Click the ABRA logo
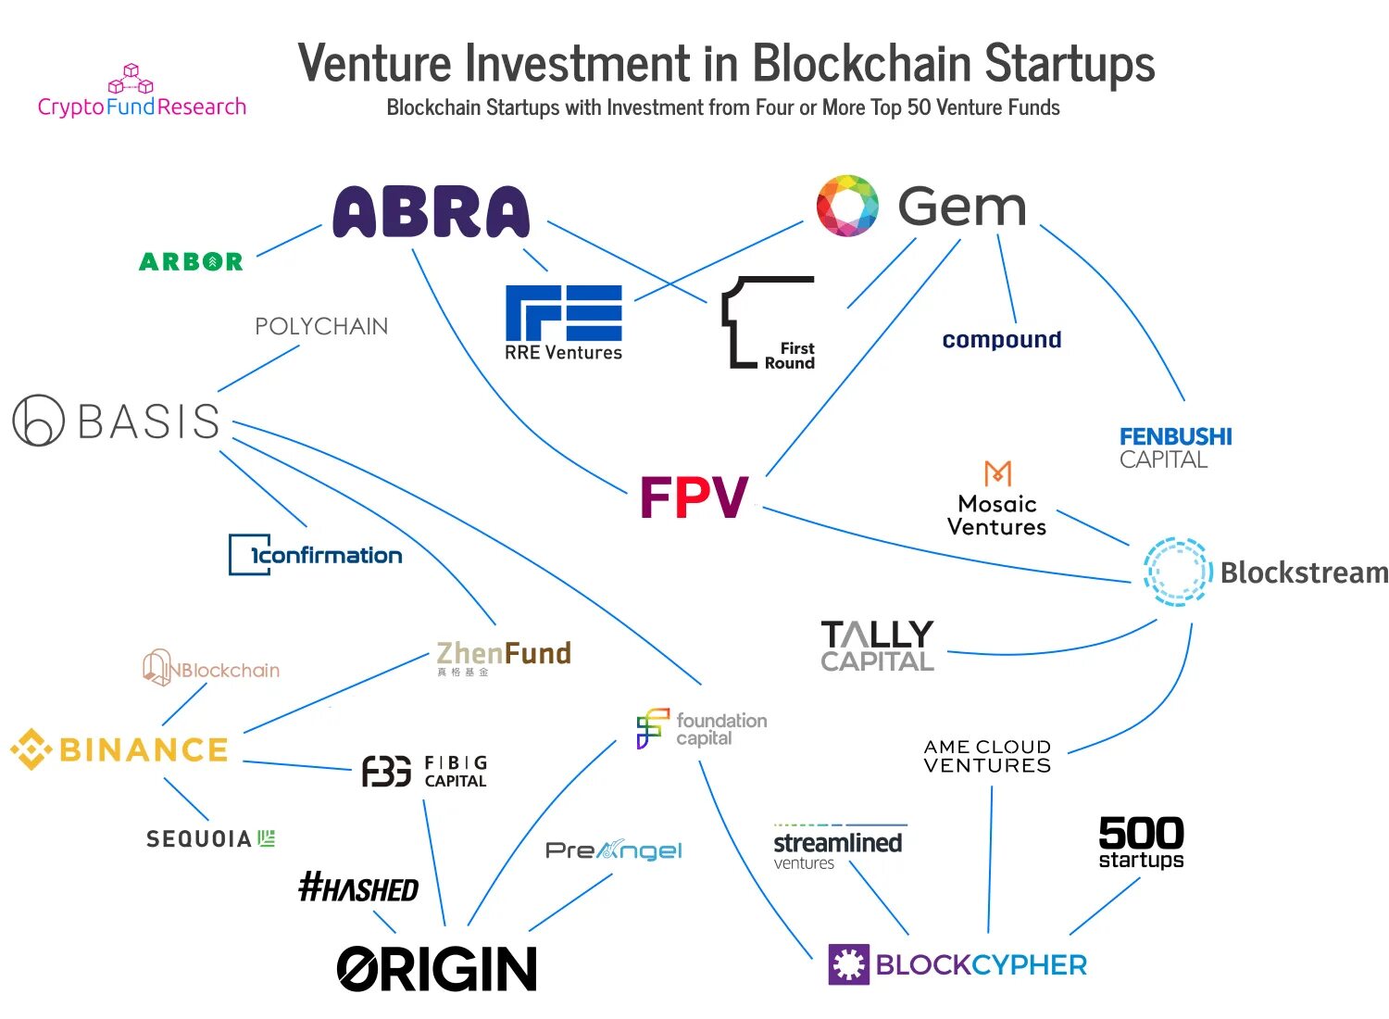tap(431, 212)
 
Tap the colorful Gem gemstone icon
tap(846, 205)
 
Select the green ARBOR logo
tap(191, 262)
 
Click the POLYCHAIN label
tap(321, 326)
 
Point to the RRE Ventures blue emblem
tap(563, 312)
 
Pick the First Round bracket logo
tap(768, 323)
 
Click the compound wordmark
tap(1001, 340)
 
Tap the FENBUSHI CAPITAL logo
tap(1175, 447)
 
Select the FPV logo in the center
tap(694, 497)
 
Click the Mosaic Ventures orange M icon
tap(997, 473)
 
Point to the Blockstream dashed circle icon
tap(1177, 572)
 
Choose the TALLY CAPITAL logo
tap(877, 646)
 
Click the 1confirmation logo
tap(316, 555)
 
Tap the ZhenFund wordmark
tap(504, 654)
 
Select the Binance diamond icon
tap(31, 749)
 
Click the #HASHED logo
tap(358, 888)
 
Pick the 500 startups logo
tap(1141, 842)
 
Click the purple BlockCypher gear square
tap(848, 964)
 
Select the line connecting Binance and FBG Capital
tap(297, 765)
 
